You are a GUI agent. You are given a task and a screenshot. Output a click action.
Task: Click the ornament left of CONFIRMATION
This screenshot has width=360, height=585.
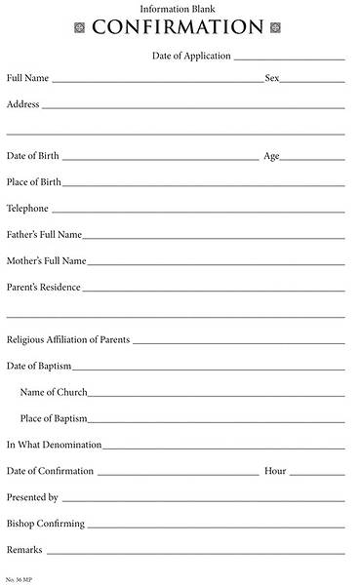80,27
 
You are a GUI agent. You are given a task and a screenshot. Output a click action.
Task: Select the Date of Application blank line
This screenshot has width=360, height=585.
289,58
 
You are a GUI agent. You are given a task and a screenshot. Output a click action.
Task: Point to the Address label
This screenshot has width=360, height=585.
23,103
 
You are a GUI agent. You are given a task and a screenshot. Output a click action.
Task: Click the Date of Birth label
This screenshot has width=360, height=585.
33,156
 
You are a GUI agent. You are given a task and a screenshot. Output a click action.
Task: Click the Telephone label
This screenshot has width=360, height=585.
27,209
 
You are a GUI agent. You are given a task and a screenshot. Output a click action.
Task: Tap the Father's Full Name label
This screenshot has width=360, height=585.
44,235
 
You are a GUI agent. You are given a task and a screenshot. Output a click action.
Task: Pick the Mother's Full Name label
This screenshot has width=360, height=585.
46,261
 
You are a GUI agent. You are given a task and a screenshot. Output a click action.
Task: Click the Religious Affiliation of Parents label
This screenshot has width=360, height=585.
68,340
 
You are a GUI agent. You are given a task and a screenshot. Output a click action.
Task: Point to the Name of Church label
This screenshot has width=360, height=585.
54,392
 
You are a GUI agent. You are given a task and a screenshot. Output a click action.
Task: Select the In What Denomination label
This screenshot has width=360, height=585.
54,445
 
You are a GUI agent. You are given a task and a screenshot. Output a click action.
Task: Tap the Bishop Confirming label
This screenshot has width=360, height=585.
45,524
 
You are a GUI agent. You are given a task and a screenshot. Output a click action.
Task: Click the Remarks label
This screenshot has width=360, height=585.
24,550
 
